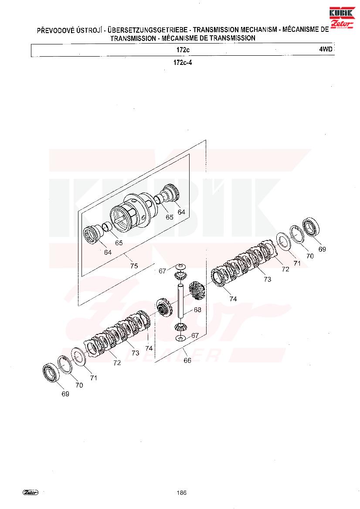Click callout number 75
click(x=134, y=266)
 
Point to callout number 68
click(x=197, y=310)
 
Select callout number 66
click(x=187, y=361)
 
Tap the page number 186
click(x=182, y=493)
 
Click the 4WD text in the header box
click(x=326, y=49)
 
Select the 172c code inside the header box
click(x=183, y=50)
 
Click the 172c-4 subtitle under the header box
click(x=183, y=62)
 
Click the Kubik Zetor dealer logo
click(x=342, y=18)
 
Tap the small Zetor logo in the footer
click(x=31, y=492)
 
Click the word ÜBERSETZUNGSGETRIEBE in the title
click(x=147, y=30)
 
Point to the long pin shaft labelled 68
click(x=180, y=300)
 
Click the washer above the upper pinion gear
click(x=180, y=267)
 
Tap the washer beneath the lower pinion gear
click(x=180, y=339)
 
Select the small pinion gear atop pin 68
click(x=180, y=276)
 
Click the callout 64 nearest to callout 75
click(x=108, y=252)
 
